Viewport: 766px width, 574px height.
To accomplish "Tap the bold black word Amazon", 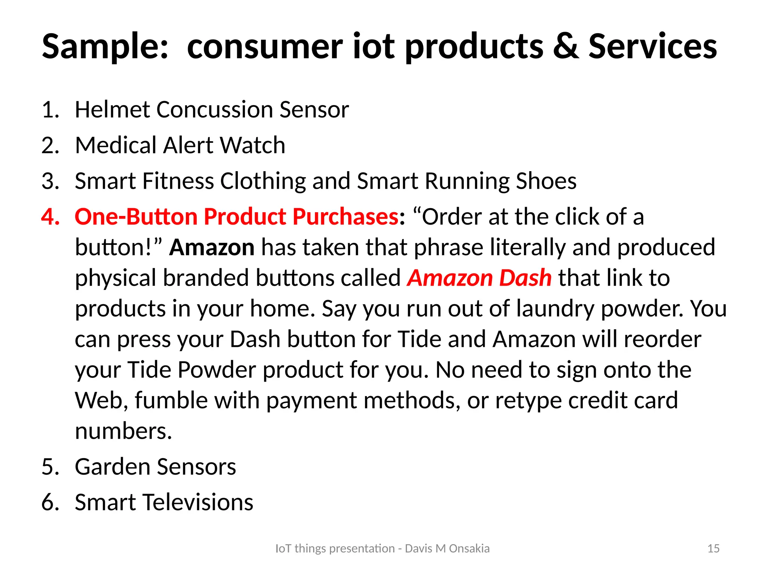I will [x=212, y=247].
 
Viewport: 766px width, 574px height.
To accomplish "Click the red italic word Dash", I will [x=525, y=278].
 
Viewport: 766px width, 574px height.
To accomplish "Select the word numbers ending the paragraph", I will [x=123, y=431].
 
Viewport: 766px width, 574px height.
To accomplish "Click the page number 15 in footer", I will [x=713, y=549].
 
